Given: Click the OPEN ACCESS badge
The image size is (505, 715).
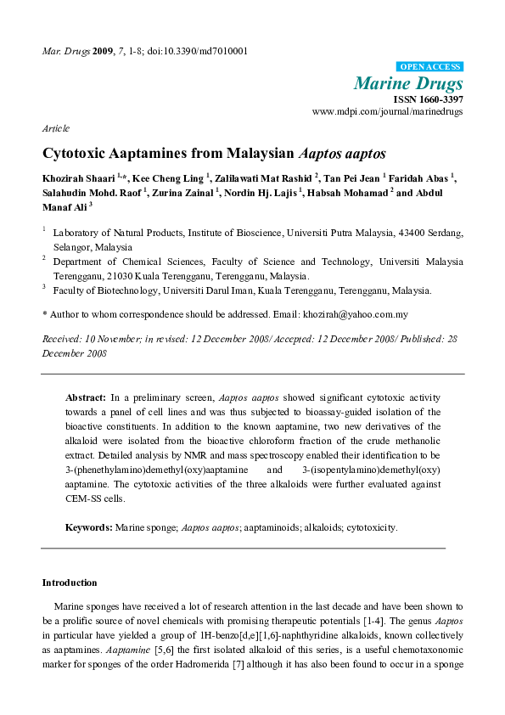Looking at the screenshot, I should [429, 66].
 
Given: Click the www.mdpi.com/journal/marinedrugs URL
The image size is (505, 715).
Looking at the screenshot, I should [388, 112].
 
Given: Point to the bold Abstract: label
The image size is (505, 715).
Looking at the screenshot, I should [86, 397].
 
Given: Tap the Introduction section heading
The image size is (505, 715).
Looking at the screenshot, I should [70, 583].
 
